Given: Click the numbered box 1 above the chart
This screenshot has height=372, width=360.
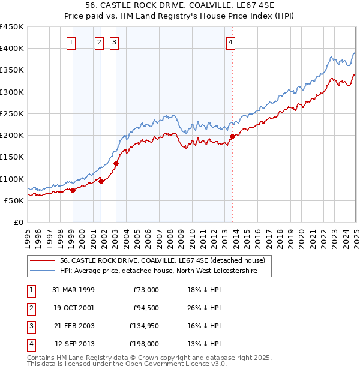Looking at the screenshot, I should coord(71,42).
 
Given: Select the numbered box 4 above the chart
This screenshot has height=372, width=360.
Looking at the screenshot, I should coord(230,42).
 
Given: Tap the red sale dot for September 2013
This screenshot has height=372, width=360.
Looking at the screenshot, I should coord(232,136).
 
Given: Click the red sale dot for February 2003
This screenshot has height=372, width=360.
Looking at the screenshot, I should coord(116,163).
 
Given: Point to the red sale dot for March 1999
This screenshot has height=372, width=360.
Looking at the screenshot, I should coord(73,190).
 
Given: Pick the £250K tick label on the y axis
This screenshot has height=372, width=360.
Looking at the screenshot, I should coord(12,113).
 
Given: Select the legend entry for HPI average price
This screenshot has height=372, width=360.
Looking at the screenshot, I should coord(158,271).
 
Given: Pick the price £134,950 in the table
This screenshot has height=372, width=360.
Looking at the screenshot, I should coord(144,326).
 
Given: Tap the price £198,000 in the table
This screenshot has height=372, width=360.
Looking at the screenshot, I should coord(144,344).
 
